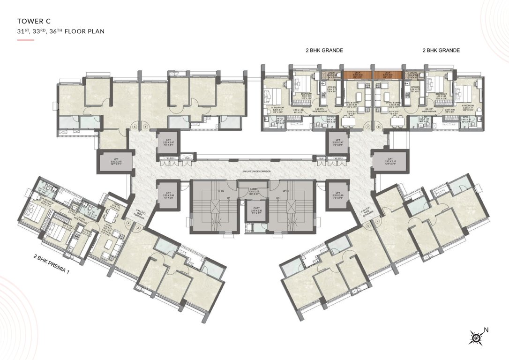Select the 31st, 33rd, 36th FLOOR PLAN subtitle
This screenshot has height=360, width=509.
click(x=60, y=32)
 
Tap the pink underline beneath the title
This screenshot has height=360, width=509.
click(x=25, y=40)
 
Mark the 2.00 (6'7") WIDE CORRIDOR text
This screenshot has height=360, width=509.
click(x=254, y=171)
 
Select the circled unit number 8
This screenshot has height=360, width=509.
click(x=379, y=127)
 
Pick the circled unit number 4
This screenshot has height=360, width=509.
click(x=128, y=223)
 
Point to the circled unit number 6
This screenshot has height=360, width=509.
click(x=145, y=127)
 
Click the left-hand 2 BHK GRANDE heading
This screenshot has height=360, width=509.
click(x=324, y=50)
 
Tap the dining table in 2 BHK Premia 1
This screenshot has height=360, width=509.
click(x=111, y=217)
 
